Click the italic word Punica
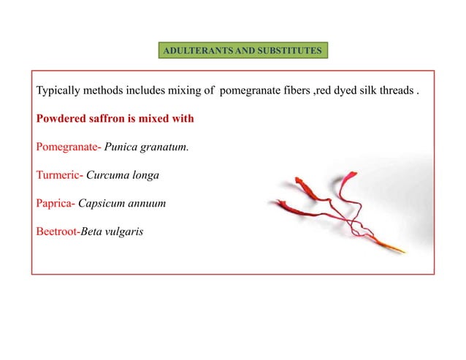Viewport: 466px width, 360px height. click(121, 146)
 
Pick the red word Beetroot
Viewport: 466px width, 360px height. click(58, 231)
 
